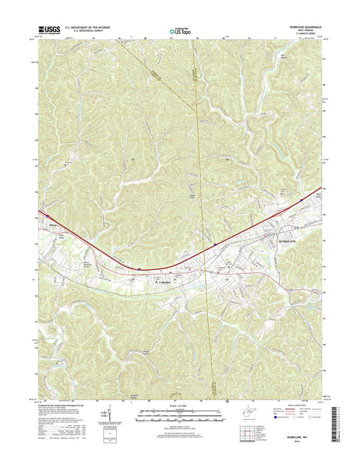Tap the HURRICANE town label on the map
coord(287,240)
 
